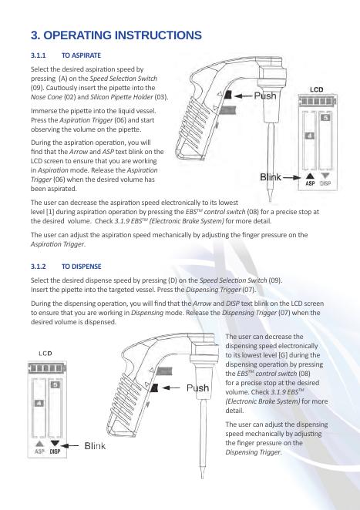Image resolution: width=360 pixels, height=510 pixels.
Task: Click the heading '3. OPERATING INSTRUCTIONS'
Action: (x=116, y=35)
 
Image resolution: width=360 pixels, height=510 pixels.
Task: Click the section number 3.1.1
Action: (x=38, y=55)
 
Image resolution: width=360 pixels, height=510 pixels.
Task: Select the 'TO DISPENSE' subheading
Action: (x=82, y=267)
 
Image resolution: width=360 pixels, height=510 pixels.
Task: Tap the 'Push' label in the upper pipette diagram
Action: (x=265, y=96)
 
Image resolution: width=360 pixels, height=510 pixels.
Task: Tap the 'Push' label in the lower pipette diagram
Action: (x=197, y=388)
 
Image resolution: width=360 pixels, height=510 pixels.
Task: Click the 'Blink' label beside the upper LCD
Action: (x=270, y=177)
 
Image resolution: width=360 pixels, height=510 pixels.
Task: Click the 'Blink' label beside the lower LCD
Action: (x=95, y=445)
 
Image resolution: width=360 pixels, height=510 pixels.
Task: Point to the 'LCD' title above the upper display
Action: (x=316, y=89)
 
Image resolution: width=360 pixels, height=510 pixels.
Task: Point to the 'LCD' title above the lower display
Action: (x=45, y=354)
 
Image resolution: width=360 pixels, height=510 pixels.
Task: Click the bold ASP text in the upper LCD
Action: (x=310, y=183)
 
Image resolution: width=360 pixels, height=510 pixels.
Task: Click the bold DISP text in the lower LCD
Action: (x=55, y=451)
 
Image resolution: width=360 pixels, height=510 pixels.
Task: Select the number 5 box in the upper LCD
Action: (x=325, y=118)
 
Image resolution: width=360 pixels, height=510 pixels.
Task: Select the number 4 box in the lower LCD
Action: (x=39, y=404)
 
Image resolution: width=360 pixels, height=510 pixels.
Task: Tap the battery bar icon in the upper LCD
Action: (x=318, y=101)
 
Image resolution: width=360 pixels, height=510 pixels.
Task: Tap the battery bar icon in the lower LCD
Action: (x=47, y=368)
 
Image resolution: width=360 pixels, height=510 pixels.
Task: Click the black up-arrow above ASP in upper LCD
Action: (x=310, y=176)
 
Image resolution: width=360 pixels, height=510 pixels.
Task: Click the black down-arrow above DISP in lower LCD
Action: (x=55, y=444)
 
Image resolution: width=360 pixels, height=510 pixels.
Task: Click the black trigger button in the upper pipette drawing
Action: (x=227, y=95)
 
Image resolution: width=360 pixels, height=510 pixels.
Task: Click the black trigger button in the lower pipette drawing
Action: (x=155, y=388)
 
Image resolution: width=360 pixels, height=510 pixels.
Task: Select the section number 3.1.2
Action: (x=38, y=267)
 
